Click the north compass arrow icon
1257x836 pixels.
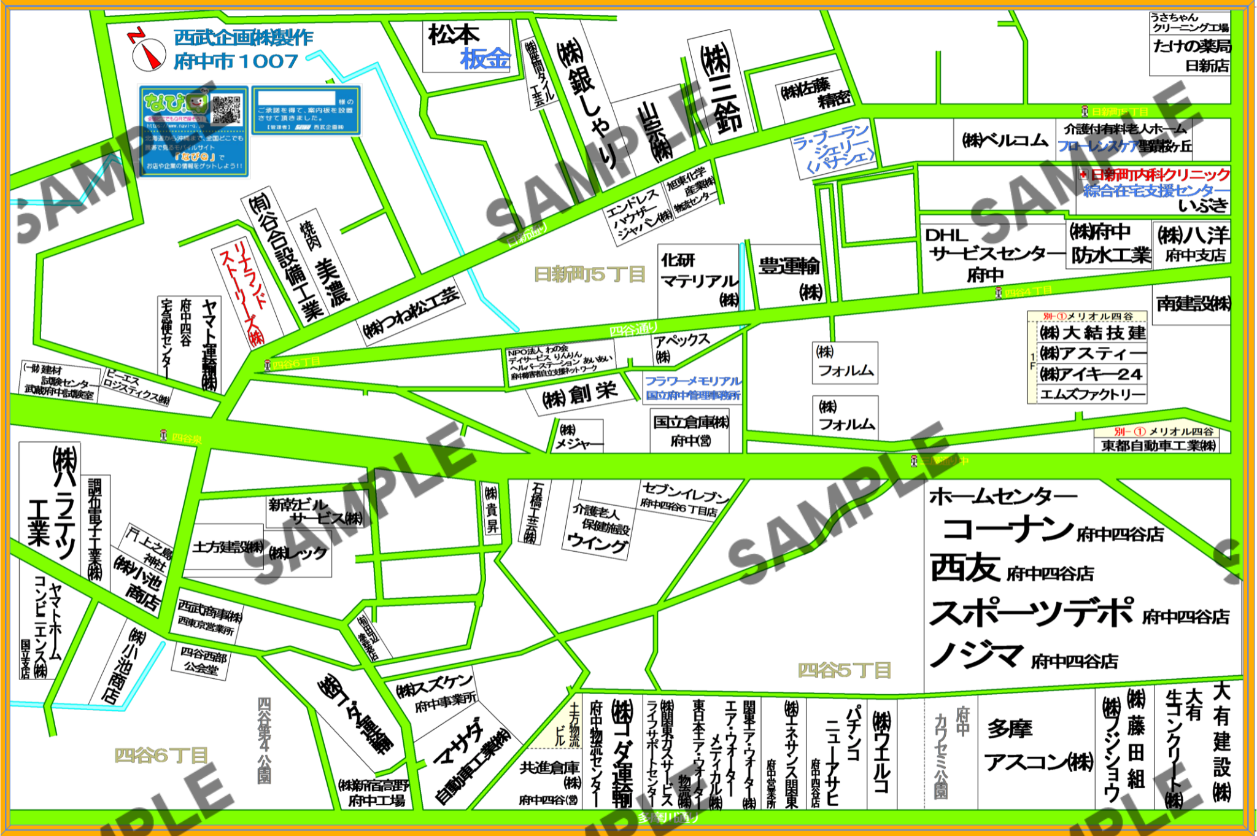click(x=148, y=52)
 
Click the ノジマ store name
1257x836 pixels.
click(x=976, y=656)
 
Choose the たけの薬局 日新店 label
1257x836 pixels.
click(x=1191, y=54)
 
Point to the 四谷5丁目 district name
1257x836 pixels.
click(x=844, y=670)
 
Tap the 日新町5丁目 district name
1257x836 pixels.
click(x=589, y=274)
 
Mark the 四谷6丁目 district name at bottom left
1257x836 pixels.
click(x=161, y=755)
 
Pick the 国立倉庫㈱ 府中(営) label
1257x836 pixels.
click(x=690, y=431)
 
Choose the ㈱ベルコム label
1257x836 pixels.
click(x=1004, y=141)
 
